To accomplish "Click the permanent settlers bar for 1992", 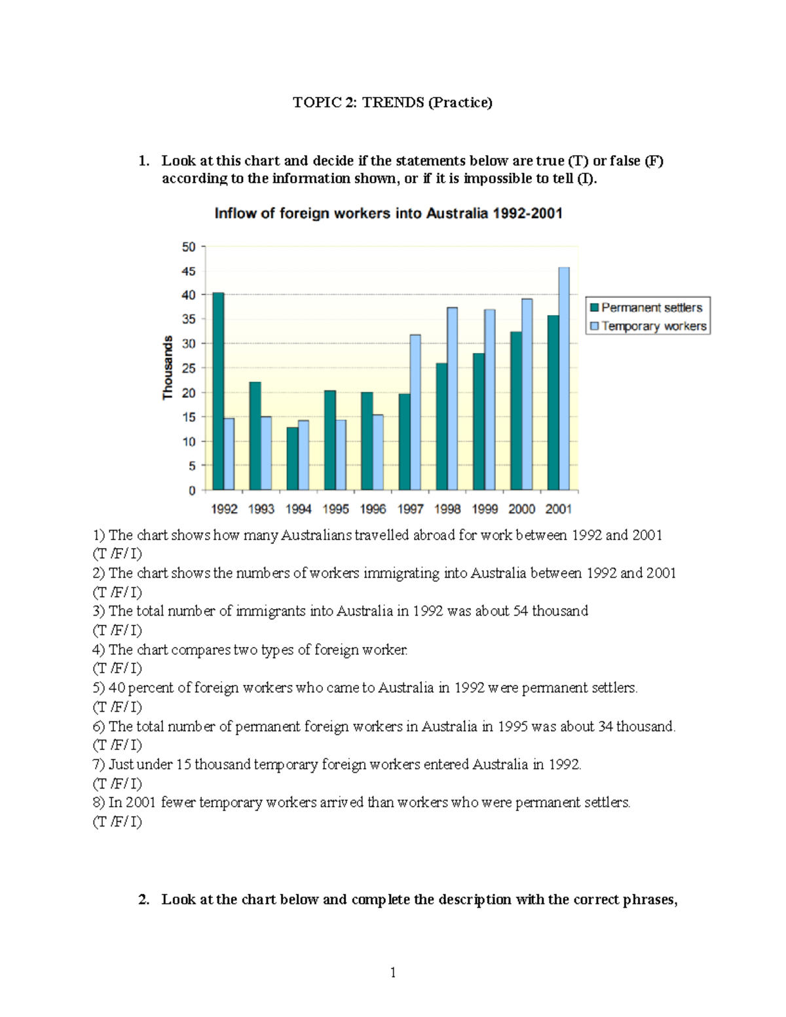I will [218, 391].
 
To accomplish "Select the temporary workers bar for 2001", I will [564, 379].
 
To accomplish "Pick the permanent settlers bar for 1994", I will [292, 458].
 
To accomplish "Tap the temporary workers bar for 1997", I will [415, 412].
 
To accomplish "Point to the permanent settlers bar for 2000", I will [516, 411].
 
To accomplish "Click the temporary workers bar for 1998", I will [452, 398].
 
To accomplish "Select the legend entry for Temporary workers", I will [648, 326].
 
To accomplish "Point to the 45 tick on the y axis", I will [189, 271].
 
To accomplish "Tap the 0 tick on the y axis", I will [192, 490].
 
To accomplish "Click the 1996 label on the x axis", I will [373, 509].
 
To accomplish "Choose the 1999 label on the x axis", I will [485, 509].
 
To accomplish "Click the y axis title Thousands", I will [168, 367].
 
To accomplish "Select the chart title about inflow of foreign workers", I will [388, 213].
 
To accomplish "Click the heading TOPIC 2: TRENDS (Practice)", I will [392, 102].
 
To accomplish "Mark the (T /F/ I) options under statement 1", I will [117, 554].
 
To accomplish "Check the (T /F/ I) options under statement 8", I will [117, 822].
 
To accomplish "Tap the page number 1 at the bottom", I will [393, 973].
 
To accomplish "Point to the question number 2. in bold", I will [144, 900].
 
